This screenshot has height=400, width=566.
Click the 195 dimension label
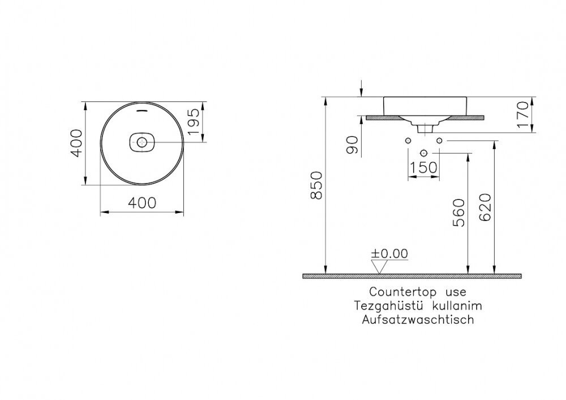pyautogui.click(x=194, y=121)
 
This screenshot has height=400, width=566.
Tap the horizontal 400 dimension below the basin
pyautogui.click(x=142, y=203)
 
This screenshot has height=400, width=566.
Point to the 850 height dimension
pyautogui.click(x=316, y=185)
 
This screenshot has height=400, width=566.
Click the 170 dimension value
pyautogui.click(x=522, y=114)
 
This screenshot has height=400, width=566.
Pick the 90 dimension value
pyautogui.click(x=352, y=145)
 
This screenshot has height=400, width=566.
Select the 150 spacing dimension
pyautogui.click(x=423, y=167)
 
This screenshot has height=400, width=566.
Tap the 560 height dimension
pyautogui.click(x=459, y=212)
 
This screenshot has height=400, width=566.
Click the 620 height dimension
pyautogui.click(x=485, y=207)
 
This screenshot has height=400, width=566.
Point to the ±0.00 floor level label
pyautogui.click(x=389, y=254)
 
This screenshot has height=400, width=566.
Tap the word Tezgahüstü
pyautogui.click(x=388, y=306)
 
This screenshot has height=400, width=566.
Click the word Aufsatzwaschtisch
pyautogui.click(x=418, y=320)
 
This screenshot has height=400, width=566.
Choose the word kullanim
pyautogui.click(x=457, y=306)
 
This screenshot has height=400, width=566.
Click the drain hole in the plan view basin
pyautogui.click(x=142, y=142)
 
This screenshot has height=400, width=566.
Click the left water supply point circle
pyautogui.click(x=408, y=140)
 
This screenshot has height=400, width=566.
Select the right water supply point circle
pyautogui.click(x=439, y=140)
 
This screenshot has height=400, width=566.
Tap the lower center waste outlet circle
pyautogui.click(x=423, y=153)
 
